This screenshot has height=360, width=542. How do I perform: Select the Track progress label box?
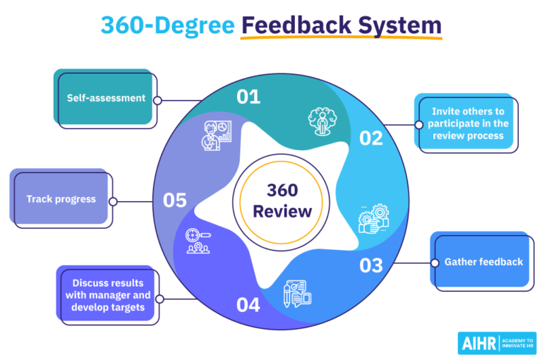(61, 199)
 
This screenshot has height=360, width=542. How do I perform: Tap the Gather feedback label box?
(483, 262)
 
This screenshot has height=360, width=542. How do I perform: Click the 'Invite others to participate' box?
(467, 123)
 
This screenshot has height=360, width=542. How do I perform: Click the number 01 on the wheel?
(248, 97)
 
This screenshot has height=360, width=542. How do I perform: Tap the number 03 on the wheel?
(371, 265)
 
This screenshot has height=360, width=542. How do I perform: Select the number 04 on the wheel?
(248, 306)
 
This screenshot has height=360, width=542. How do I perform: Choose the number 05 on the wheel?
(174, 200)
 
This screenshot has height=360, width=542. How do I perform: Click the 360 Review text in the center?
(282, 200)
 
